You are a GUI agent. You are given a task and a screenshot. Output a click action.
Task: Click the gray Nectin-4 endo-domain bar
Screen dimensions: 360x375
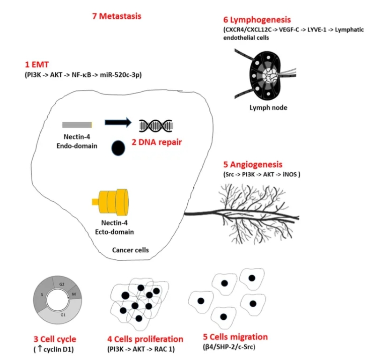coord(77,125)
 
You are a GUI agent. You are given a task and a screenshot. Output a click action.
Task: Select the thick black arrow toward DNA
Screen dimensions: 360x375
coord(118,123)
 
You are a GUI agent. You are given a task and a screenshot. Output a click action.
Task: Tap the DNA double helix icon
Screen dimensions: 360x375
coord(156,125)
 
